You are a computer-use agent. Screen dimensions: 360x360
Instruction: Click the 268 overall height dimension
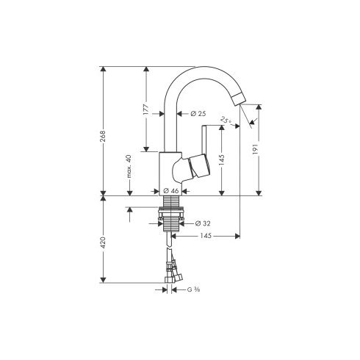tap(103, 136)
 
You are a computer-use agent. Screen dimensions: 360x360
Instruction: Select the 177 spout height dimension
tap(146, 109)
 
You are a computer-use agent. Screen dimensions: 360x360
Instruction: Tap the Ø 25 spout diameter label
tap(198, 114)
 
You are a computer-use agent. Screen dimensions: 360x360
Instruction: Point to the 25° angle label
tap(226, 120)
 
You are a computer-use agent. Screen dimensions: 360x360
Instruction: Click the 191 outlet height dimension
tap(256, 148)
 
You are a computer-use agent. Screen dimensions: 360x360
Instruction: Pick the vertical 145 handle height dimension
tap(222, 159)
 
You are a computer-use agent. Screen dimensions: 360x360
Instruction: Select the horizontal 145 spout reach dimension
tap(206, 236)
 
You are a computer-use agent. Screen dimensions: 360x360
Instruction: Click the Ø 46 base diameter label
tap(170, 191)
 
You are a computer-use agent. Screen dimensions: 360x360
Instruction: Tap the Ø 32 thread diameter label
tap(203, 223)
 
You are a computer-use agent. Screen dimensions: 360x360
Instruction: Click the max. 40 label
tap(129, 166)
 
